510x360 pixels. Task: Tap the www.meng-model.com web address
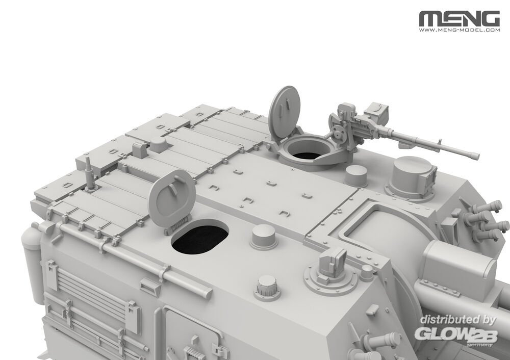(x=460, y=30)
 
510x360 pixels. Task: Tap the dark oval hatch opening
(x=200, y=238)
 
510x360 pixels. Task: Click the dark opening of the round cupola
(x=305, y=155)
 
